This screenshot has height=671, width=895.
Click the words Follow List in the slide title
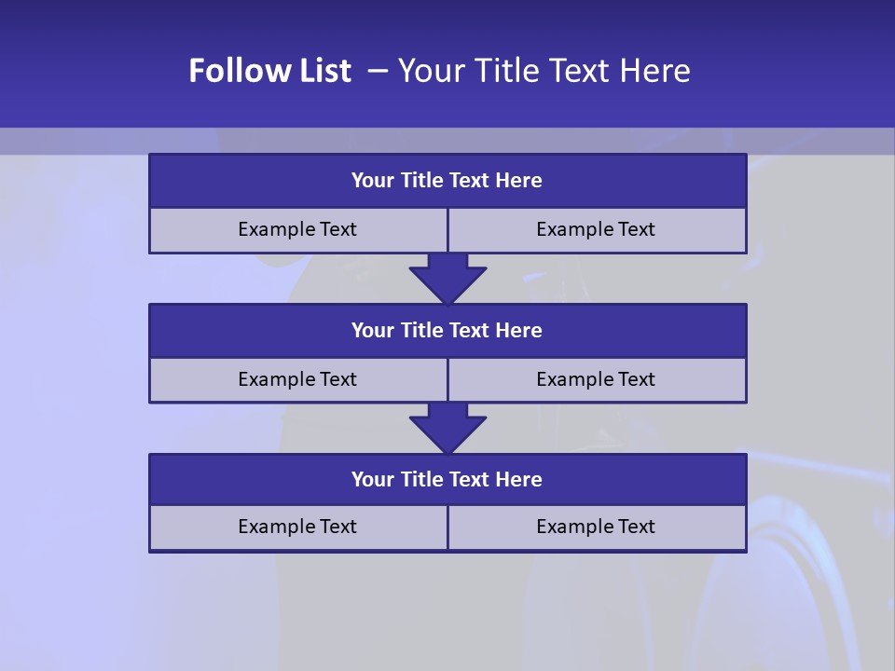click(270, 71)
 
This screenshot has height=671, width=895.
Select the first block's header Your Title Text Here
click(447, 181)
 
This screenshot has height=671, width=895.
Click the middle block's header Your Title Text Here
click(447, 330)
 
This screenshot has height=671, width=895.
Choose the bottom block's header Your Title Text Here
click(447, 479)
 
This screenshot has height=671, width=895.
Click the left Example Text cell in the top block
click(297, 229)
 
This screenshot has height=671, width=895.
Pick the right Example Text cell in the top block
click(596, 229)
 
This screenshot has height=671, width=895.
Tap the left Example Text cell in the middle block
click(297, 379)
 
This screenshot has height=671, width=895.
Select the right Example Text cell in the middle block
click(596, 379)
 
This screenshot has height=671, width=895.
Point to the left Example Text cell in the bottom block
click(297, 527)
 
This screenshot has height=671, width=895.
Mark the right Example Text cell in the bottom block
click(596, 527)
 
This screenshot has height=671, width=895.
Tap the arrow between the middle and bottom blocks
click(447, 428)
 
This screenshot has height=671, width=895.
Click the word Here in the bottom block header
click(518, 479)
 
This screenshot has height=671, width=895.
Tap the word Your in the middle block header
click(373, 330)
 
